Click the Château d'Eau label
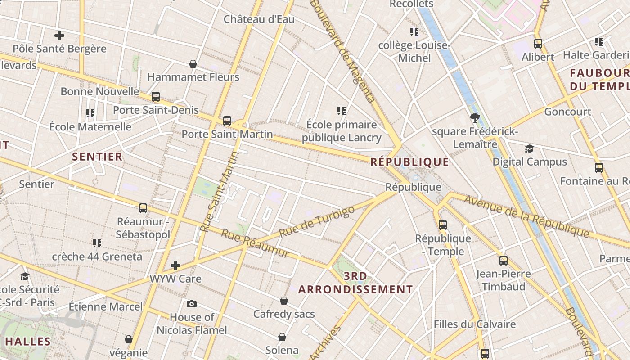(259, 19)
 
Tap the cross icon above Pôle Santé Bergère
(59, 35)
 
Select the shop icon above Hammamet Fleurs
(193, 64)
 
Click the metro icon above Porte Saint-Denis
(156, 97)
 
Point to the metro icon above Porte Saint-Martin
(227, 121)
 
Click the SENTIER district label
(97, 157)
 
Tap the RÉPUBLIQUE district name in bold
(409, 162)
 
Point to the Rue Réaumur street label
(255, 244)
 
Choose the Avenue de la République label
(526, 216)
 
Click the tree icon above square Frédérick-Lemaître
(474, 118)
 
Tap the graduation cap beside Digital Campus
(529, 148)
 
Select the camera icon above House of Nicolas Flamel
(192, 304)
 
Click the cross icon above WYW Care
(175, 265)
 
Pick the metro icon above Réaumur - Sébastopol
(143, 208)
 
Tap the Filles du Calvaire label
(474, 324)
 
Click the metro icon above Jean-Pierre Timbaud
(503, 260)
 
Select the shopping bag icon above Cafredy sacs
(284, 300)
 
